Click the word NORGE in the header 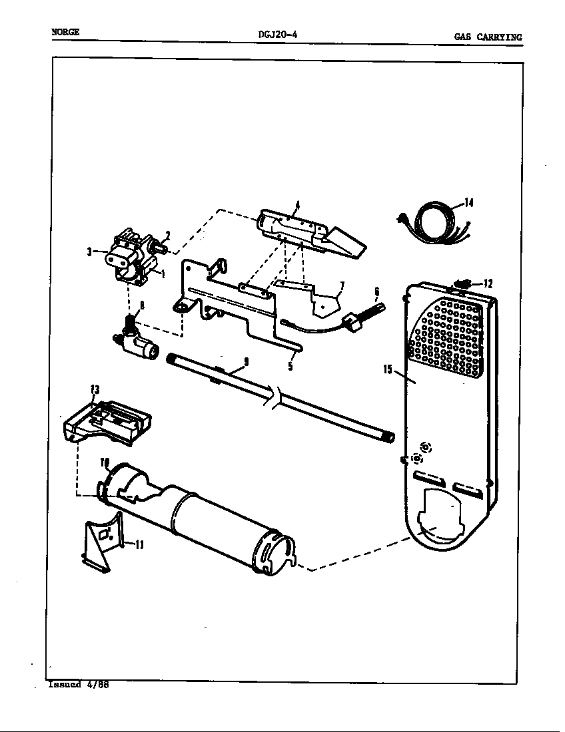click(x=65, y=32)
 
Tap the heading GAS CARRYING click(x=488, y=37)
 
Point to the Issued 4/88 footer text click(x=78, y=684)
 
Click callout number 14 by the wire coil click(x=468, y=203)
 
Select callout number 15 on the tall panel click(x=388, y=369)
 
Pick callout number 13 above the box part click(x=95, y=389)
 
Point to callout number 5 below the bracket click(x=290, y=365)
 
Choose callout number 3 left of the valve click(x=89, y=252)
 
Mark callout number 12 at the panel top click(x=488, y=283)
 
